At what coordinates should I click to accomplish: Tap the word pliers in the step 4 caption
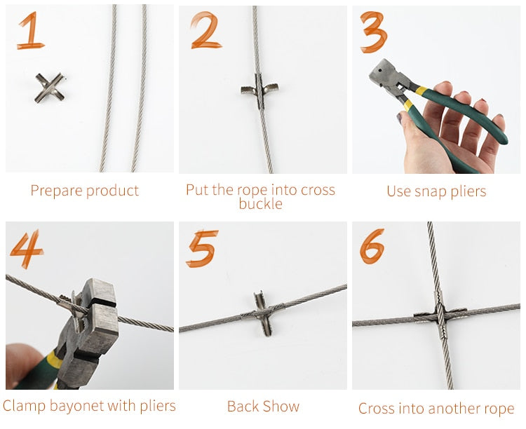coord(156,406)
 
